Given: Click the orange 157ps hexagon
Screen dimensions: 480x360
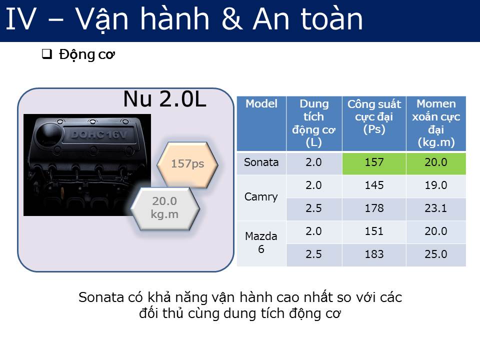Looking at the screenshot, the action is click(187, 164).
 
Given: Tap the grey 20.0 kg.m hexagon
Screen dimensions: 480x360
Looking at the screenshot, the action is click(165, 208).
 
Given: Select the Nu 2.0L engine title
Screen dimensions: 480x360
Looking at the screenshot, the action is click(164, 99).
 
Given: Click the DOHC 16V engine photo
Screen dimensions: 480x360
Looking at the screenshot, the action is click(87, 165).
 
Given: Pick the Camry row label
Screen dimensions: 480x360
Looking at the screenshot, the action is click(261, 197).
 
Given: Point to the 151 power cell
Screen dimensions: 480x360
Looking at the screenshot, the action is click(374, 231).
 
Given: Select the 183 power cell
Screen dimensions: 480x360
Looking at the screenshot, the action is click(374, 254).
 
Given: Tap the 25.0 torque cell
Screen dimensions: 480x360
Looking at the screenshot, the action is click(436, 254).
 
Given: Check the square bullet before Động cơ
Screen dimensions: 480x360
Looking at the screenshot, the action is click(47, 54).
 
